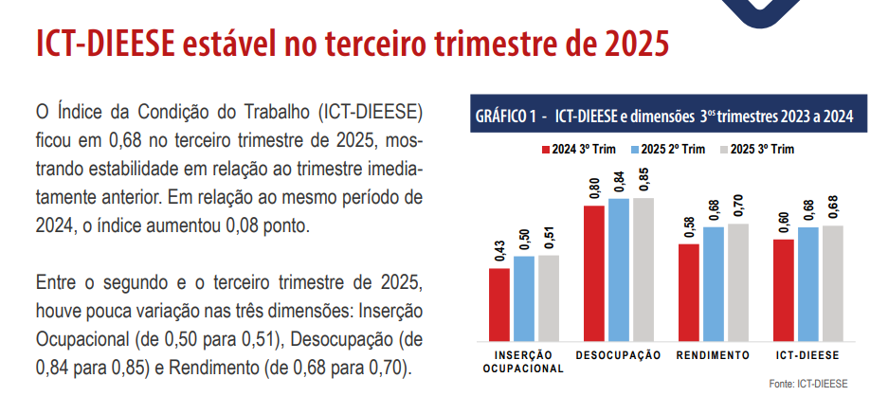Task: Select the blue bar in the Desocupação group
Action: point(619,269)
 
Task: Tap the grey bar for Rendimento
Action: point(738,281)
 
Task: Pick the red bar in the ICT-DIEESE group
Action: point(784,289)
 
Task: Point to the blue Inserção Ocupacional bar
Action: point(524,297)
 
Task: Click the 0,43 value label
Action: point(499,253)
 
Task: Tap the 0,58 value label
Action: point(689,228)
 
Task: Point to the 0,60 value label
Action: point(784,224)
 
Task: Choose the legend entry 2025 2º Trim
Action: point(671,150)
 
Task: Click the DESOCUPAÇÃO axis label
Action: point(619,355)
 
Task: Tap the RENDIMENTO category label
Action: point(714,355)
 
